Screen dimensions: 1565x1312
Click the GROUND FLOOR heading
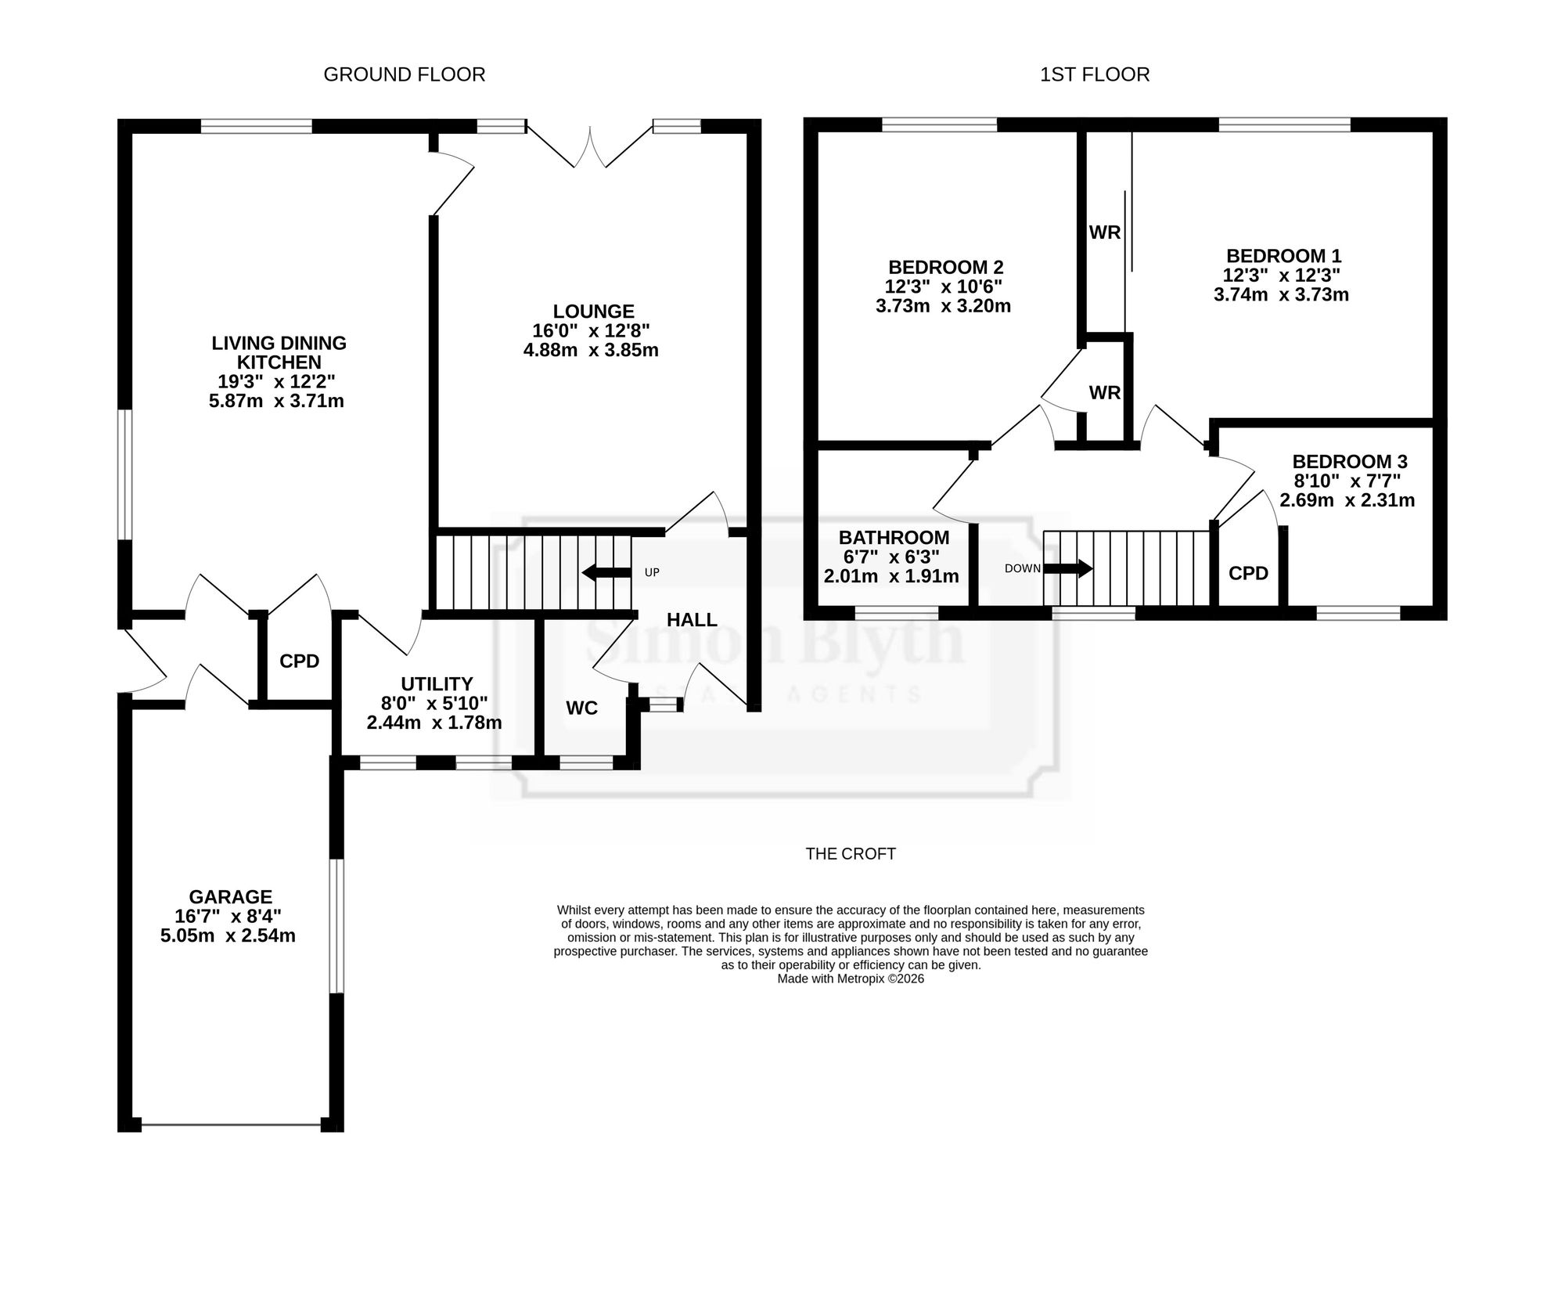coord(405,74)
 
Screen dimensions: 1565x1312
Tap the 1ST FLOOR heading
coord(1095,74)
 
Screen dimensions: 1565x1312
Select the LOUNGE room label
coord(594,311)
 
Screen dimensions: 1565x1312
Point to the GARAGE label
coord(231,896)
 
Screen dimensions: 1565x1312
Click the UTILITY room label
coord(437,683)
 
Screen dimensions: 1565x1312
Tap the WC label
coord(582,708)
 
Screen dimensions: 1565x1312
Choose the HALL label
coord(692,620)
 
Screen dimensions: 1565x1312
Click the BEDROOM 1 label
coord(1284,256)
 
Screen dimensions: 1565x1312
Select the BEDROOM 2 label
coord(946,267)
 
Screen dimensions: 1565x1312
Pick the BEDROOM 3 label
coord(1350,462)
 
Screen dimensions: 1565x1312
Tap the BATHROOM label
coord(894,538)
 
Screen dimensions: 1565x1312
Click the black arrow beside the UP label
coord(606,572)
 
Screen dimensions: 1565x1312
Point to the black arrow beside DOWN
coord(1068,568)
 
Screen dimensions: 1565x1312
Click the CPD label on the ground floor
coord(300,661)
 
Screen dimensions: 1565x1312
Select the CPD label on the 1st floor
coord(1249,573)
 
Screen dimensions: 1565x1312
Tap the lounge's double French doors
coord(590,146)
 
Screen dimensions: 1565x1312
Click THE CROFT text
coord(851,854)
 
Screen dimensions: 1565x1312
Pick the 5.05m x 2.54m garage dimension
coord(228,935)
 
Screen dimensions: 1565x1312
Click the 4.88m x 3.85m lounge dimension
coord(591,350)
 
